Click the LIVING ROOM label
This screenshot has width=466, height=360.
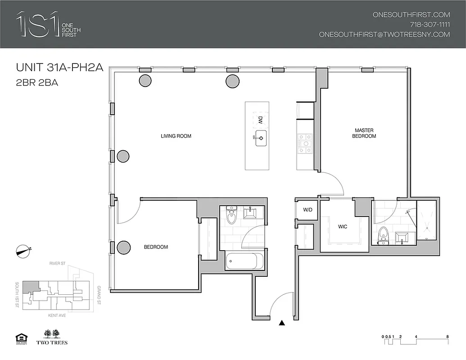point(176,136)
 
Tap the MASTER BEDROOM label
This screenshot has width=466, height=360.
point(365,133)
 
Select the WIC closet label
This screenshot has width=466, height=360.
point(343,226)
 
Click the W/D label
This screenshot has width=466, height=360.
point(308,210)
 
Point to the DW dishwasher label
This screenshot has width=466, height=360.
point(260,120)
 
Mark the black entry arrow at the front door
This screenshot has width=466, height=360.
point(282,323)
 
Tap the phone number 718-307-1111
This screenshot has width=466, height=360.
point(430,24)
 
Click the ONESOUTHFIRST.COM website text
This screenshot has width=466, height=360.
point(411,14)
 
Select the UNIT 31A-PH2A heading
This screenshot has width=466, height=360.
point(60,68)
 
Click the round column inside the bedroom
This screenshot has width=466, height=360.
point(123,247)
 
